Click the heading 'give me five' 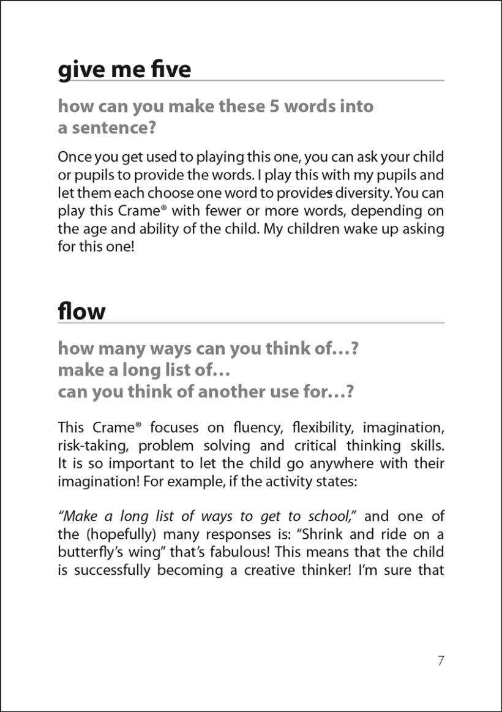pyautogui.click(x=124, y=69)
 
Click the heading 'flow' pyautogui.click(x=81, y=311)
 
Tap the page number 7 pyautogui.click(x=441, y=661)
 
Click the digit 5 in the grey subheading pyautogui.click(x=274, y=106)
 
